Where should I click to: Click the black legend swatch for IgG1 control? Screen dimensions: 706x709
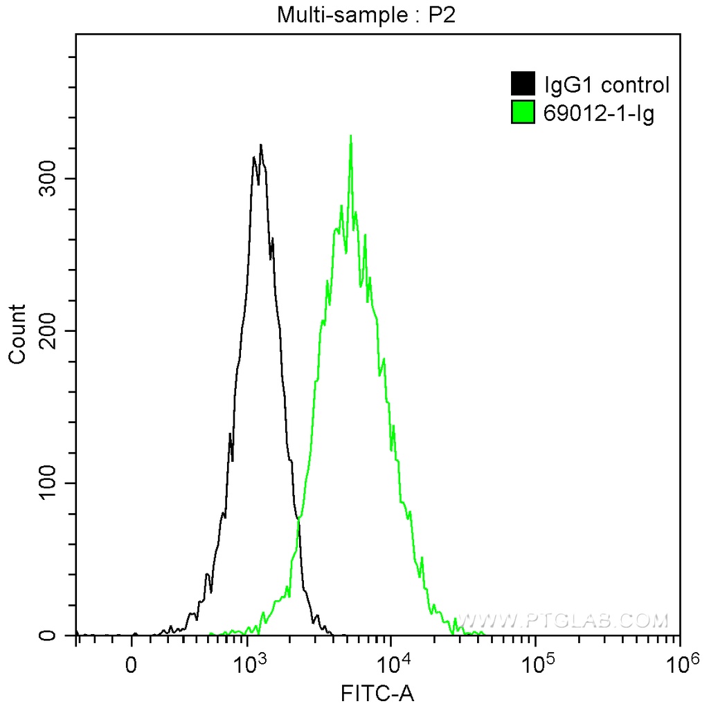tap(523, 84)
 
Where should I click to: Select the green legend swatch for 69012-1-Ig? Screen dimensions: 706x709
tap(523, 111)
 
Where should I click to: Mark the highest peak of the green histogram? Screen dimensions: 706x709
tap(351, 136)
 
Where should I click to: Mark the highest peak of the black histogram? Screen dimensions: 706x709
tap(260, 145)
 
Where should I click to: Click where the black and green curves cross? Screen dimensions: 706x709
tap(298, 518)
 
